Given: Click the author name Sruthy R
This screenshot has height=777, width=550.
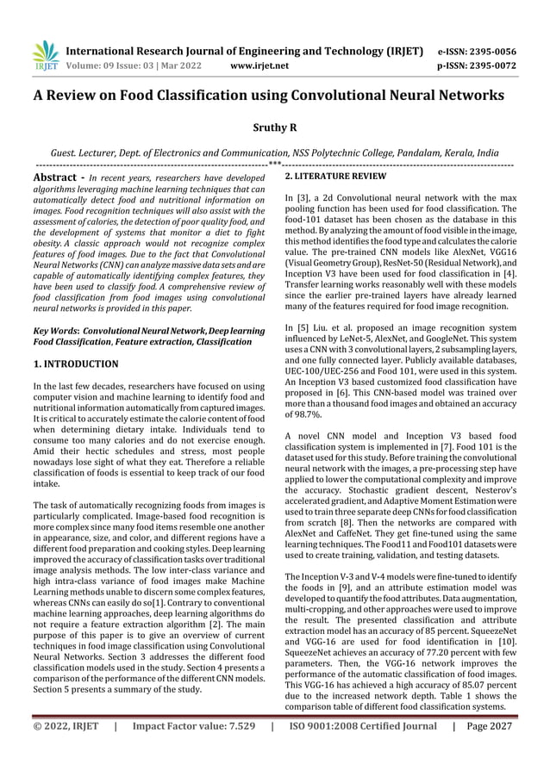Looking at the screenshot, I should (274, 127).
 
